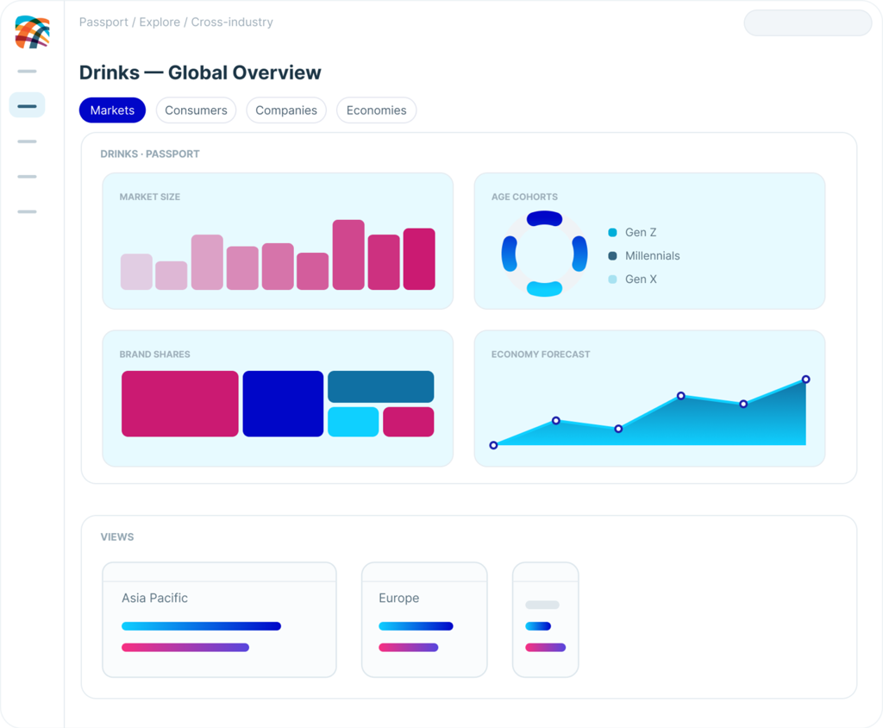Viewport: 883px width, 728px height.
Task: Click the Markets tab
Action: [112, 110]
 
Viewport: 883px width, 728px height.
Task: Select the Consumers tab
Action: [196, 110]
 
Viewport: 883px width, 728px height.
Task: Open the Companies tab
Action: [286, 110]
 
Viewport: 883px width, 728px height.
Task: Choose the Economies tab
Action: [376, 110]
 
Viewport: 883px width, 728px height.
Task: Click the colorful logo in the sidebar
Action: [32, 32]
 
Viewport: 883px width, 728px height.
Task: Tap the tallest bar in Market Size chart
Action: [348, 254]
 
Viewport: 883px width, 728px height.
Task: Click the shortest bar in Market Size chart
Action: [172, 275]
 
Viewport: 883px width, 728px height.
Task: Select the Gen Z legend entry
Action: [632, 232]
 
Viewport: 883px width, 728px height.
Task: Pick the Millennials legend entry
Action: [643, 256]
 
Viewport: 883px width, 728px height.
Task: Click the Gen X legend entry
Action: [632, 279]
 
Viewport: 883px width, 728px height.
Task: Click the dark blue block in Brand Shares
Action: [283, 404]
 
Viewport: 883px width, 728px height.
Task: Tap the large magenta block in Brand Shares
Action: [179, 404]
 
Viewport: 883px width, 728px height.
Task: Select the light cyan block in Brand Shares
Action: [353, 422]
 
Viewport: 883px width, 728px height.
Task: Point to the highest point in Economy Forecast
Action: [806, 380]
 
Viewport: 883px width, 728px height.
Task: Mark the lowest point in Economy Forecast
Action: [493, 445]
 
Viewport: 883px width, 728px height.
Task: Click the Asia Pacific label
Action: [155, 598]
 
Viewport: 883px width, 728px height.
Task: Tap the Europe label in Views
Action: [398, 598]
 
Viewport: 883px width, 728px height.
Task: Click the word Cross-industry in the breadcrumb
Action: [232, 22]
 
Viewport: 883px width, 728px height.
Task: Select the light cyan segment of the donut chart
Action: [545, 288]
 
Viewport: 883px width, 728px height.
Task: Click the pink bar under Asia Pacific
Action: [185, 648]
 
